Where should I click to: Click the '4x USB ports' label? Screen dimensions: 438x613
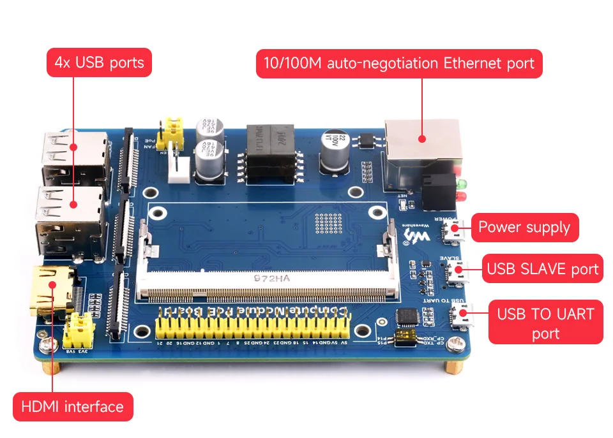pyautogui.click(x=99, y=62)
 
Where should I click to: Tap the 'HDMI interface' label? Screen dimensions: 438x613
pyautogui.click(x=72, y=407)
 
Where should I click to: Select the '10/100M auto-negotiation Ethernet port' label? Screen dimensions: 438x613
pyautogui.click(x=398, y=64)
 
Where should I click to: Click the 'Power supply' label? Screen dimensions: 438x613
pyautogui.click(x=524, y=228)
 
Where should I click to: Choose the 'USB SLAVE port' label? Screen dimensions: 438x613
pyautogui.click(x=542, y=268)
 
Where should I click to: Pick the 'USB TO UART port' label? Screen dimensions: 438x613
pyautogui.click(x=545, y=323)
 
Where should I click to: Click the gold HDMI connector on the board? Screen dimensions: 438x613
pyautogui.click(x=52, y=291)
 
